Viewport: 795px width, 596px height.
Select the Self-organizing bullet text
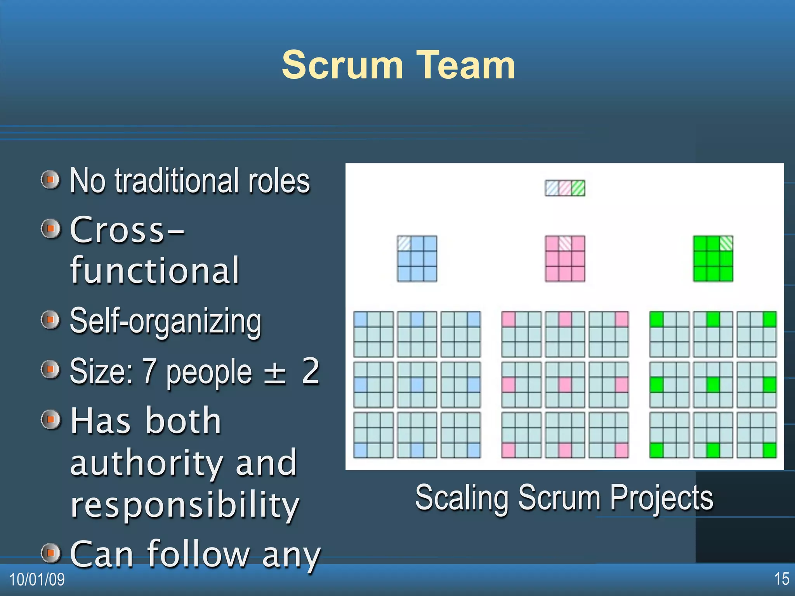pyautogui.click(x=165, y=322)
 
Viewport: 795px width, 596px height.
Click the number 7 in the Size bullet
pyautogui.click(x=149, y=371)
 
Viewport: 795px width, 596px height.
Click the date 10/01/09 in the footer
pyautogui.click(x=37, y=580)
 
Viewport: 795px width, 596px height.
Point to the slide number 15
pyautogui.click(x=781, y=579)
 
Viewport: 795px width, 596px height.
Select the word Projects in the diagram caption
pyautogui.click(x=661, y=498)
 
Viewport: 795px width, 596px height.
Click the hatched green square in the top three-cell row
pyautogui.click(x=578, y=188)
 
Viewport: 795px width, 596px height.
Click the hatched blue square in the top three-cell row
pyautogui.click(x=552, y=188)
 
